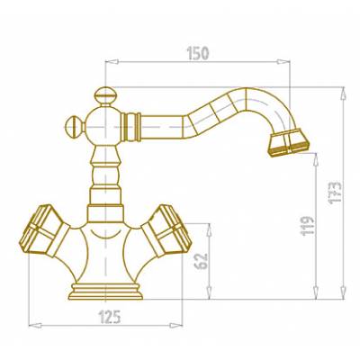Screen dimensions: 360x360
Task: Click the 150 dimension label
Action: click(198, 53)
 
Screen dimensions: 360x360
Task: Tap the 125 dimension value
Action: click(110, 317)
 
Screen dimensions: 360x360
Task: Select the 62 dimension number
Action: click(201, 261)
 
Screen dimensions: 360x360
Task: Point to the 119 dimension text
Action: click(308, 226)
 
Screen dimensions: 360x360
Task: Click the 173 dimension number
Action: click(335, 193)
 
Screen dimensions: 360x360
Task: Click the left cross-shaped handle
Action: click(44, 231)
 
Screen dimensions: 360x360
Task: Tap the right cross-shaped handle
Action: click(166, 230)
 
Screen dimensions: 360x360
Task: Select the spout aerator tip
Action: click(289, 142)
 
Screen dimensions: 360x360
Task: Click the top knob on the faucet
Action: click(103, 96)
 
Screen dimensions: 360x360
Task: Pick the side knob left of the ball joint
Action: click(75, 127)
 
